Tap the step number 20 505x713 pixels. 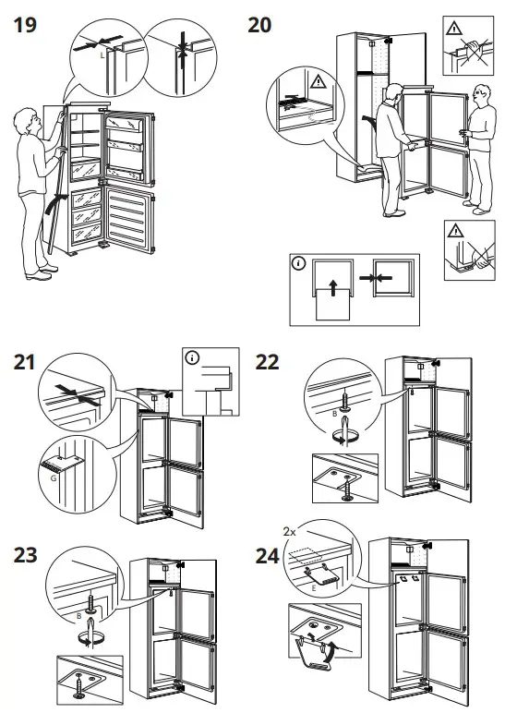click(x=259, y=25)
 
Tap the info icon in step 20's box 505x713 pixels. click(x=297, y=263)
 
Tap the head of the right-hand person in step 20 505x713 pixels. click(x=480, y=93)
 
